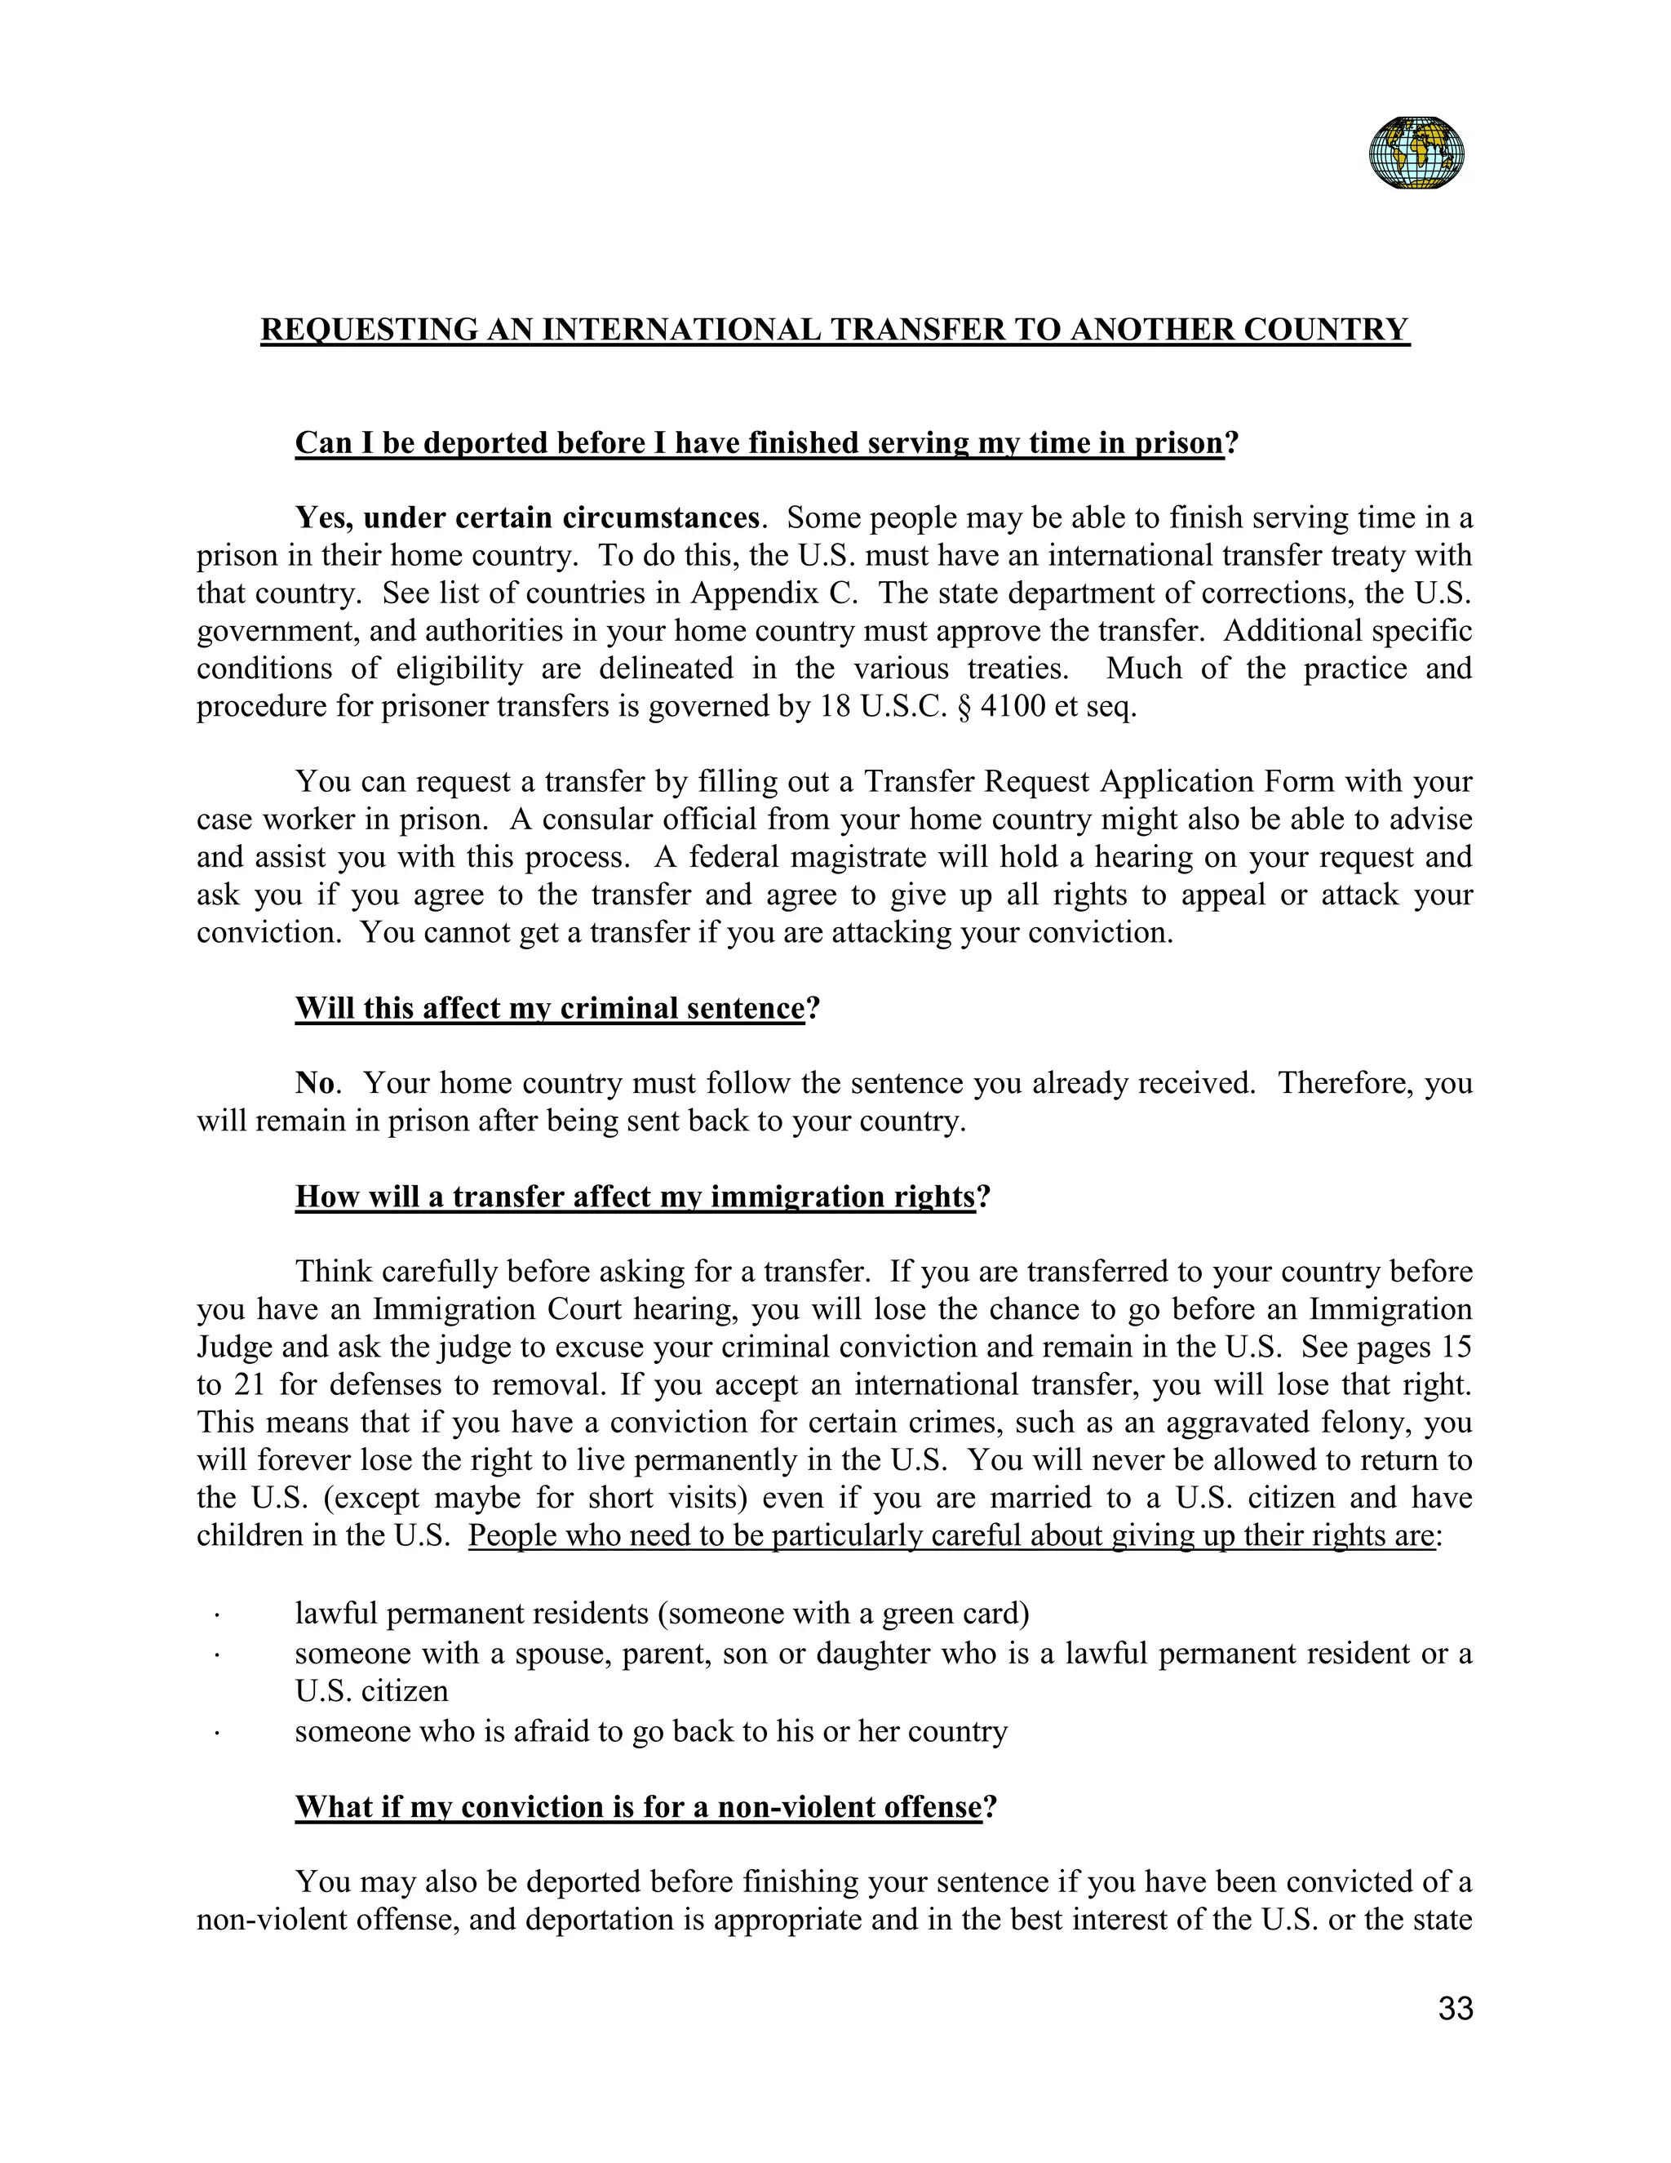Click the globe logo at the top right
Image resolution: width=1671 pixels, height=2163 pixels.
1416,153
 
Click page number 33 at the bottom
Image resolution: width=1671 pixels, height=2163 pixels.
1456,2010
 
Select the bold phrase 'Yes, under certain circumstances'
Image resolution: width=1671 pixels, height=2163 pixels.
526,518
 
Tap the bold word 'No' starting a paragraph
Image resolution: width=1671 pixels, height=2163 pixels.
315,1083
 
